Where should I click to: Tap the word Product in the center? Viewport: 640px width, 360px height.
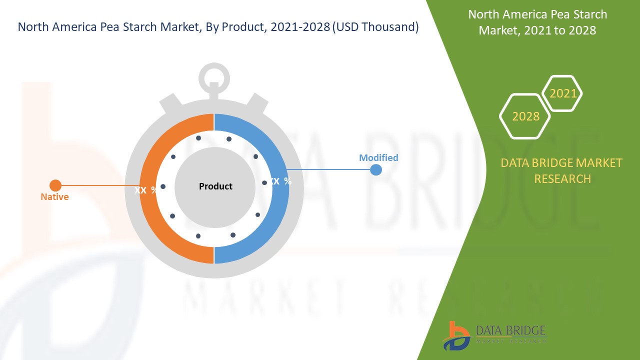(215, 186)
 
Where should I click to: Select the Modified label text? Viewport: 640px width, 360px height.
(378, 158)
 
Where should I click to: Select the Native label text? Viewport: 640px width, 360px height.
(54, 197)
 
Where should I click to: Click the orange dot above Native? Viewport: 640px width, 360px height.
(55, 185)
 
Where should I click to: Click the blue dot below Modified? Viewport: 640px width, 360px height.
(376, 170)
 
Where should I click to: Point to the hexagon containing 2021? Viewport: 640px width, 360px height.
(562, 93)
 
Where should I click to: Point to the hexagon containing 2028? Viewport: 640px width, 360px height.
(525, 116)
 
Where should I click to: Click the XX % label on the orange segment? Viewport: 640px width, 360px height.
(145, 190)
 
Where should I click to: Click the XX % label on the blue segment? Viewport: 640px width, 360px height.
(280, 181)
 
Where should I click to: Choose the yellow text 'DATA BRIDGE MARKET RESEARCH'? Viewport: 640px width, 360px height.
(562, 170)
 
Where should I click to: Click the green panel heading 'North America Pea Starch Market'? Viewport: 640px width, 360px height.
(537, 22)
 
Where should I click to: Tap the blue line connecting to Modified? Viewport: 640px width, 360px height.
(330, 169)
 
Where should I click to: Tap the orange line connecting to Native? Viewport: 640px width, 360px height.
(95, 185)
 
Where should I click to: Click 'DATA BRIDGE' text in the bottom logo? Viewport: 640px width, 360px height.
(510, 330)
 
